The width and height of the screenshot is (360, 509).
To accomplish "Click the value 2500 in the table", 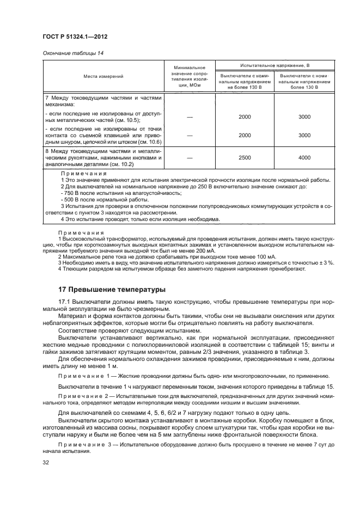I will [x=245, y=157].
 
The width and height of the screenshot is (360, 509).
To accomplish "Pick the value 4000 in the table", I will [x=304, y=157].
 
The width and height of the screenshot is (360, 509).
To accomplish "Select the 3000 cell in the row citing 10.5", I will [x=304, y=117].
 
